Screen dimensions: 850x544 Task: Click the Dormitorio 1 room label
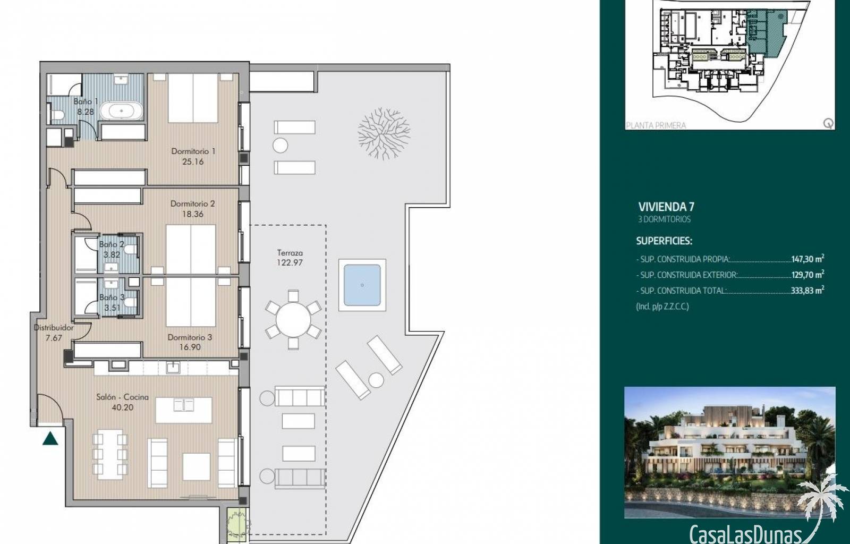(x=193, y=151)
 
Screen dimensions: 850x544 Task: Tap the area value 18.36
(x=193, y=214)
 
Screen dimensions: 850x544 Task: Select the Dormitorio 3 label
(x=190, y=337)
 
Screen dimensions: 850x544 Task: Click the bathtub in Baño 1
(x=122, y=111)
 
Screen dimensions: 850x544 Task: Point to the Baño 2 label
(x=112, y=245)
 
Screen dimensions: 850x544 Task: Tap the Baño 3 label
(x=112, y=297)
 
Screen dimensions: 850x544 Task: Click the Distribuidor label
(x=54, y=327)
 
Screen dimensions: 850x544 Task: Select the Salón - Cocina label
(x=122, y=397)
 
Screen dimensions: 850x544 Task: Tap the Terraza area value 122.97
(x=290, y=262)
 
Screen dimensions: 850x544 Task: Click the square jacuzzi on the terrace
(x=362, y=285)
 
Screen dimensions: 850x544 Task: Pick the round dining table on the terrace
(x=293, y=319)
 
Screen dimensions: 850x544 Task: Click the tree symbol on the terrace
(x=384, y=133)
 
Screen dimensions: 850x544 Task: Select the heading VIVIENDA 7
(x=666, y=207)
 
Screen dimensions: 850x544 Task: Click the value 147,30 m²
(x=807, y=259)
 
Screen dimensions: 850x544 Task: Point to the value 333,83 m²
(x=807, y=290)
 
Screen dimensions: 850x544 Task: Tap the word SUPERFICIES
(x=664, y=241)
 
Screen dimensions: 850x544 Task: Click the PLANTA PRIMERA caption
(x=656, y=125)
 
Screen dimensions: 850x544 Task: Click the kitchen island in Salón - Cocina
(x=184, y=410)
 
